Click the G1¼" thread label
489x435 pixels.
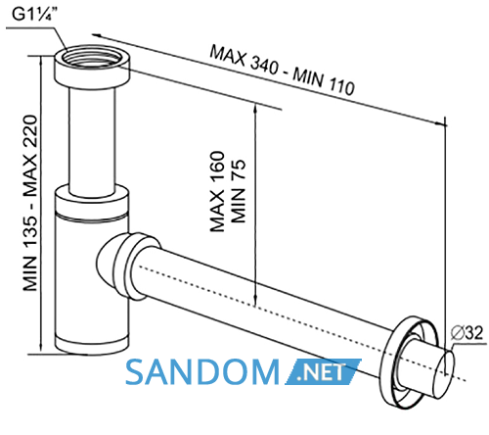[33, 15]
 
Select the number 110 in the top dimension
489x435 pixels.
[339, 85]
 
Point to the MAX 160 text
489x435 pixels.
[217, 191]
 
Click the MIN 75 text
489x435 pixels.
[238, 191]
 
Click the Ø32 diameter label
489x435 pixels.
[467, 333]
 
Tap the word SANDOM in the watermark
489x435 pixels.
[202, 371]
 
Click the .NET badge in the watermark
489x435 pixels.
[323, 371]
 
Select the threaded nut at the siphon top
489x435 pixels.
[92, 67]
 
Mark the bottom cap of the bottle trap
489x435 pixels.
[92, 344]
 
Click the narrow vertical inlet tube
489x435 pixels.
[92, 140]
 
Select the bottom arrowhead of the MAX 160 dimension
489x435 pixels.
[255, 302]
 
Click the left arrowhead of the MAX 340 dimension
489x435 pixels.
[96, 35]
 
